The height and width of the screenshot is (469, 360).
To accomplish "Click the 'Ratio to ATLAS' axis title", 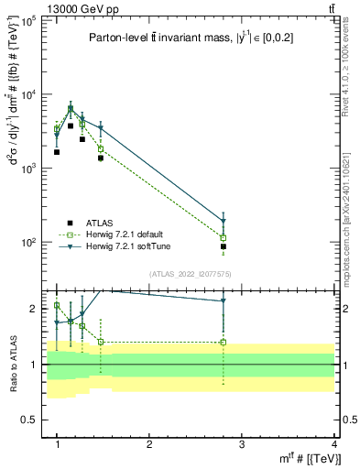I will [12, 364].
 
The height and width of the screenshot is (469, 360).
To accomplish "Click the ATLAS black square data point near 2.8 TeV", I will [224, 246].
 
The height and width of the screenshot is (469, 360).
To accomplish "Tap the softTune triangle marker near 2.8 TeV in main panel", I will [224, 221].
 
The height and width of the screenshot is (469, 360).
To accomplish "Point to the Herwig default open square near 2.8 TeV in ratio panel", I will [224, 343].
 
